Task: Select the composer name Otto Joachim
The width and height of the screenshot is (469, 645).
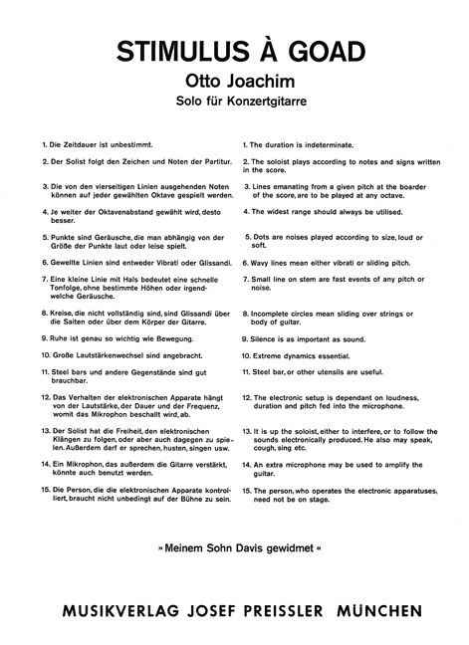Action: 234,83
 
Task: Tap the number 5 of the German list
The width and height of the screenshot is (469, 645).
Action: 33,238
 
